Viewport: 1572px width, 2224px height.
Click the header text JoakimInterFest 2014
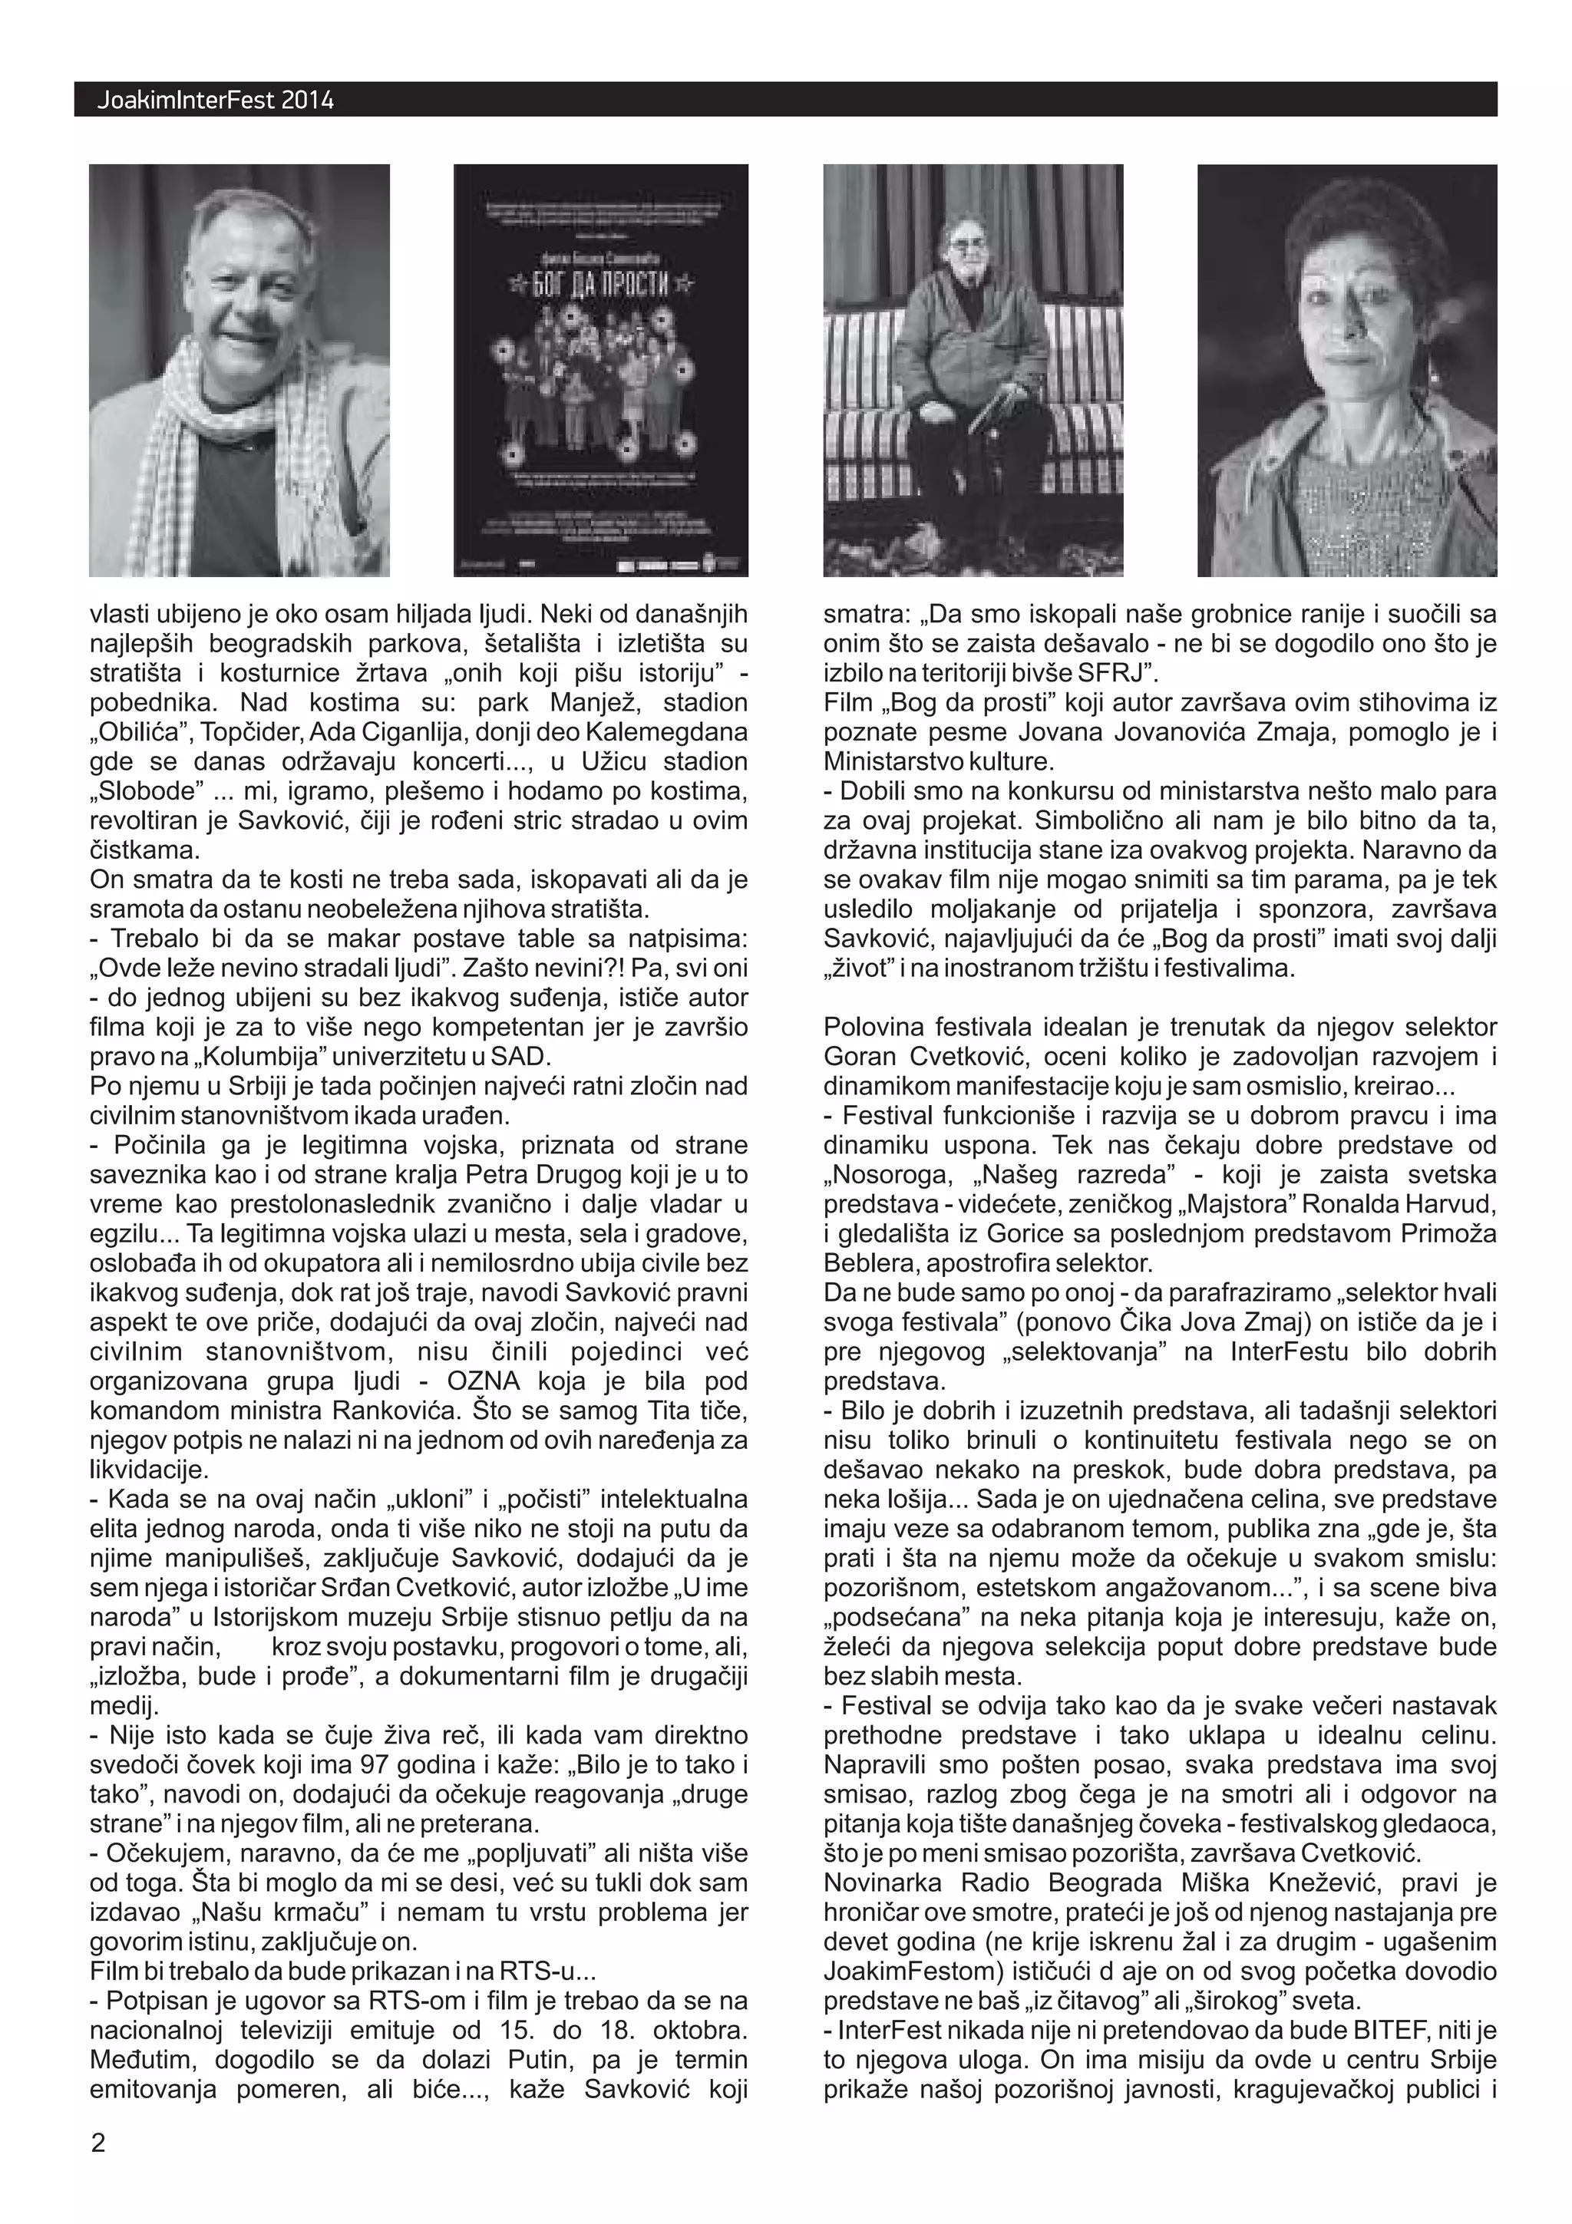click(215, 100)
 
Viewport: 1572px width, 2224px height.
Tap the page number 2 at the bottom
click(97, 2142)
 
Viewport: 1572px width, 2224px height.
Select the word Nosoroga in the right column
click(881, 1175)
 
